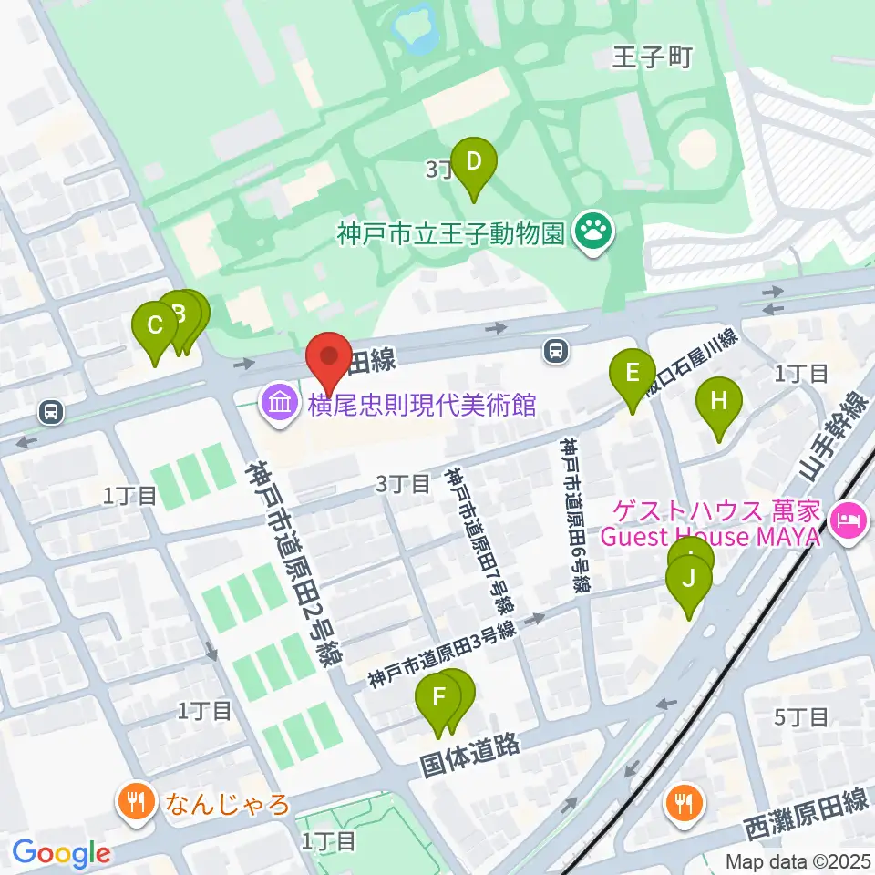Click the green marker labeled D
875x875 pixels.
473,164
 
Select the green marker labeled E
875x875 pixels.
632,375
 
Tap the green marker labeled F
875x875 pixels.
438,702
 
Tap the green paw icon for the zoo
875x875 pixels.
595,234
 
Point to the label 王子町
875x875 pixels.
653,58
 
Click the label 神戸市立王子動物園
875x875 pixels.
451,235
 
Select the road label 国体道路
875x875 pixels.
469,752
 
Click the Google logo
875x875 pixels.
61,852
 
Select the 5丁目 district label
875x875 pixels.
800,716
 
